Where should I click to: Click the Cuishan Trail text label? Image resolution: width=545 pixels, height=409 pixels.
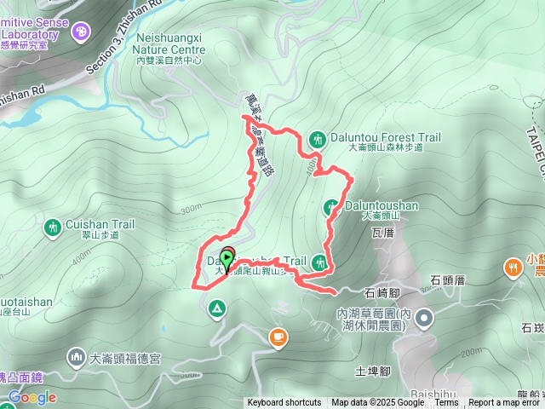100,226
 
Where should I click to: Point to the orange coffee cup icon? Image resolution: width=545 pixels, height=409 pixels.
278,337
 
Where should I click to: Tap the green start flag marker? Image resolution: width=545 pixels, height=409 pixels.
227,256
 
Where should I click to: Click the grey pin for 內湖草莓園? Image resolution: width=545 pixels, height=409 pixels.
425,320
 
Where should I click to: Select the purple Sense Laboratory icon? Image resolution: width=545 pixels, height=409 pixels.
81,32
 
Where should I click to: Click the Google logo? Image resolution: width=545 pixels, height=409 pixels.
32,397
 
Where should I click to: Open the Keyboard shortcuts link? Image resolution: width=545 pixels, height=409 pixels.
284,403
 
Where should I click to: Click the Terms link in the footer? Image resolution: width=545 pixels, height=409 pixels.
446,403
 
